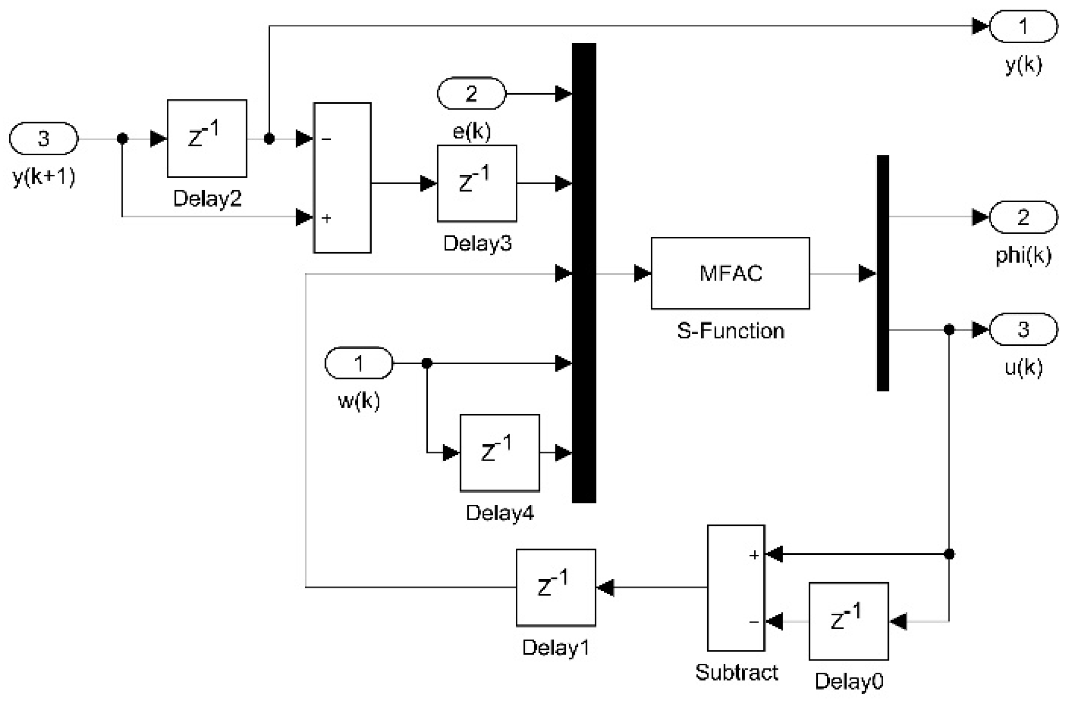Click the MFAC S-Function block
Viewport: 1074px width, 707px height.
[730, 273]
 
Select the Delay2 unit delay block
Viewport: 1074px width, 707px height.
[207, 138]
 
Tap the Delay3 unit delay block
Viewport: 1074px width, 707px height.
[477, 183]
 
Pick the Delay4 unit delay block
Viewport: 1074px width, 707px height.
[500, 452]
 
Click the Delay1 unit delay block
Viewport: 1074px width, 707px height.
[556, 587]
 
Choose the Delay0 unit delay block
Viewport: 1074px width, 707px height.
[849, 621]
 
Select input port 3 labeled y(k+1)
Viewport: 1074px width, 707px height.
[43, 138]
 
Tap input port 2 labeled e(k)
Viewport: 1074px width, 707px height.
[471, 93]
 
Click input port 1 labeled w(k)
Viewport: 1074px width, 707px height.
[359, 363]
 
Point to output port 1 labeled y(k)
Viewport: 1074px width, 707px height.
[1023, 26]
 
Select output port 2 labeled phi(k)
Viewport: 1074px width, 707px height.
[1023, 217]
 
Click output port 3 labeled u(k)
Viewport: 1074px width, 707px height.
[1023, 329]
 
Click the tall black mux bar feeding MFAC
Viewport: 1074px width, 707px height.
[584, 273]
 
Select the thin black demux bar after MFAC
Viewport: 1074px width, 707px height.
[883, 273]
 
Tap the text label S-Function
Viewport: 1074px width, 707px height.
[730, 331]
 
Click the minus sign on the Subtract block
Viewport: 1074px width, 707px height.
[753, 622]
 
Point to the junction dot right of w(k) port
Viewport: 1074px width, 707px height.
[426, 363]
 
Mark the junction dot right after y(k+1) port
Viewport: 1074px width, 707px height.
[123, 139]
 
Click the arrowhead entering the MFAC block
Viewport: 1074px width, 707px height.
[642, 273]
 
